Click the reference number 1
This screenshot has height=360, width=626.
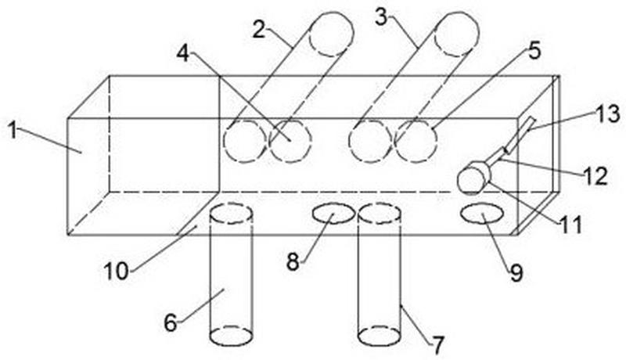click(x=13, y=131)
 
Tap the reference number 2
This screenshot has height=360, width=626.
click(x=259, y=29)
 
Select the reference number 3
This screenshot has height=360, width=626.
click(x=381, y=17)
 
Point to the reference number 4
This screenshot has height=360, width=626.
click(x=183, y=53)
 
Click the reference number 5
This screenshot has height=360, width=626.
click(x=534, y=51)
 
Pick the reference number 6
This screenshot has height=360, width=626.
click(x=171, y=322)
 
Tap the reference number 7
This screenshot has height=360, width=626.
click(x=437, y=345)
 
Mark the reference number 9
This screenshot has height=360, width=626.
click(x=516, y=273)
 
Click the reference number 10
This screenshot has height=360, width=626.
click(x=117, y=272)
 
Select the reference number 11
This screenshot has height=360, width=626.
click(x=571, y=225)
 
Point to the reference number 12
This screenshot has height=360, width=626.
click(x=595, y=176)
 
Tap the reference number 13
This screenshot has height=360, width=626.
click(x=608, y=113)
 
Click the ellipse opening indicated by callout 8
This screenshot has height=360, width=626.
click(x=333, y=213)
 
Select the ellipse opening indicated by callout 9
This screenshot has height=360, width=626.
click(x=482, y=212)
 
